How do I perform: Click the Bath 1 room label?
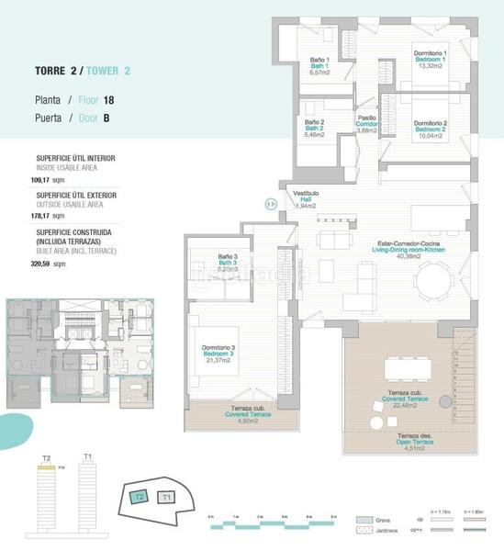tap(319, 66)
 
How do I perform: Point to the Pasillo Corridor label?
tap(367, 123)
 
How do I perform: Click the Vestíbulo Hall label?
tap(306, 199)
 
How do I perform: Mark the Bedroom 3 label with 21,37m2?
tap(218, 354)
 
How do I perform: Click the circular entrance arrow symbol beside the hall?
tap(270, 205)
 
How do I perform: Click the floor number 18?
tap(108, 98)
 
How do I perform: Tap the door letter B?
tap(107, 118)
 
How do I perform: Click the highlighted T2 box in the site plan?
tap(140, 497)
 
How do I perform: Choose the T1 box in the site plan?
tap(166, 497)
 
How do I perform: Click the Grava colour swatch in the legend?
tap(365, 519)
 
